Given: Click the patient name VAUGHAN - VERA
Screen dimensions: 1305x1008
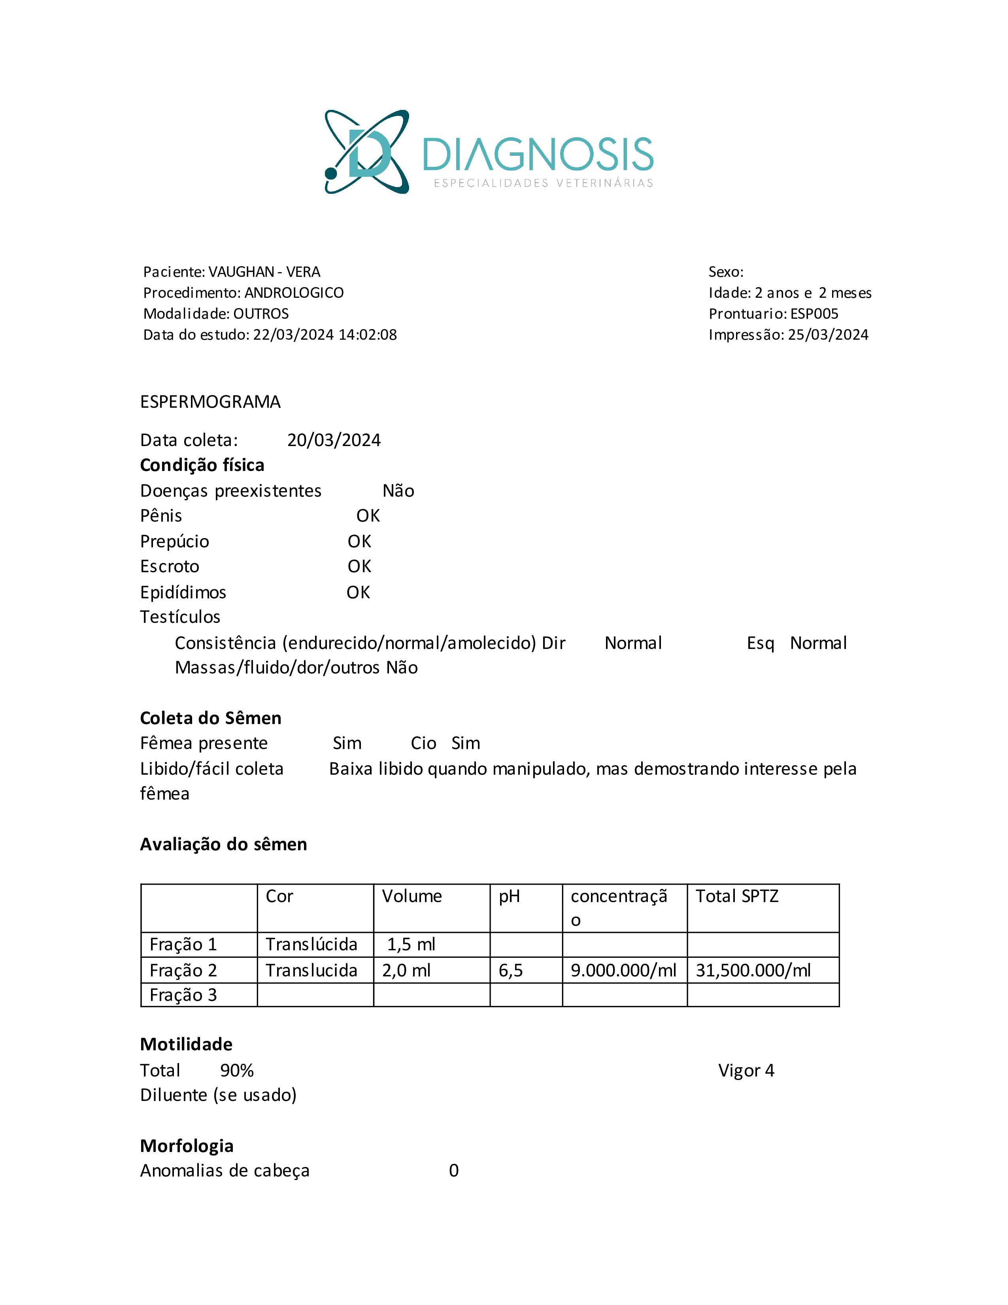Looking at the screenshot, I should [x=264, y=272].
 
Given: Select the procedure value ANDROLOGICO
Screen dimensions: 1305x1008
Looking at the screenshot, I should [x=294, y=293].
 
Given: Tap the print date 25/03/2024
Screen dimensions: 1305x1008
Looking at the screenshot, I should [x=828, y=335].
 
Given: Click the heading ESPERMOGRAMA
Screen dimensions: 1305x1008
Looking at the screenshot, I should [x=210, y=401].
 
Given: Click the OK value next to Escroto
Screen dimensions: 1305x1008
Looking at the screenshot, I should [x=359, y=566].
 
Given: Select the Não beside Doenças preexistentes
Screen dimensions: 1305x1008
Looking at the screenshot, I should [x=398, y=491].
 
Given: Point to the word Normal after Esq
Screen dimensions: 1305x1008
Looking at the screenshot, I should [x=818, y=643].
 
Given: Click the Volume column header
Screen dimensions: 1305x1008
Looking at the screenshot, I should [x=412, y=896].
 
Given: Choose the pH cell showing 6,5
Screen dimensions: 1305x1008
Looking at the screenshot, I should [x=511, y=970].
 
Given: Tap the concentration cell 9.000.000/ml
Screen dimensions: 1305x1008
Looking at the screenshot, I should [x=623, y=970].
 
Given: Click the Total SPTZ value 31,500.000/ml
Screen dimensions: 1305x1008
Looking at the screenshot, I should [x=753, y=970].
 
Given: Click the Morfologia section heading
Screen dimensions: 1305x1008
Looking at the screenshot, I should [x=186, y=1146].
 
